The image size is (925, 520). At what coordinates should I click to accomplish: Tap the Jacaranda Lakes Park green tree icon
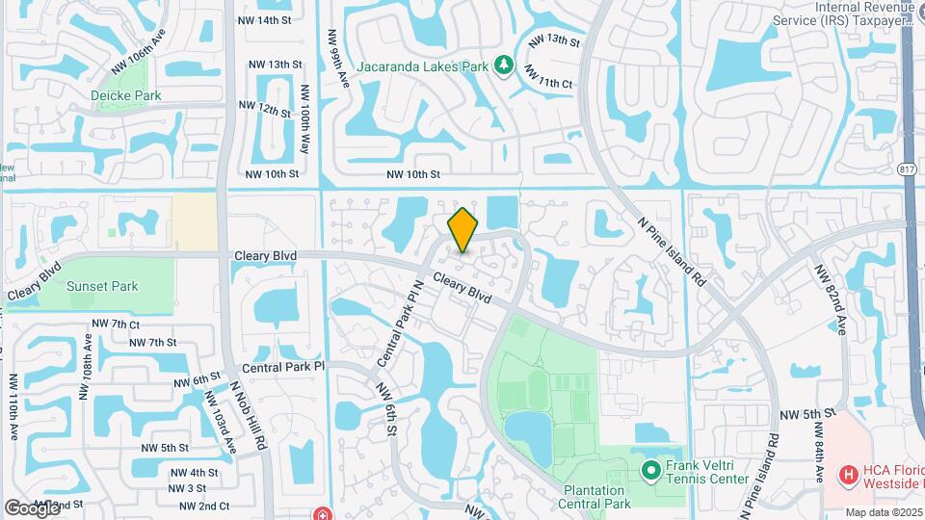pyautogui.click(x=503, y=65)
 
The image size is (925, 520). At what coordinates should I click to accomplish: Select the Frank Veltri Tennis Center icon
pyautogui.click(x=650, y=471)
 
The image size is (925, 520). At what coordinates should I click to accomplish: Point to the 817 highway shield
pyautogui.click(x=907, y=169)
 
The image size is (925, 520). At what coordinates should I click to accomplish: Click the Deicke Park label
pyautogui.click(x=125, y=95)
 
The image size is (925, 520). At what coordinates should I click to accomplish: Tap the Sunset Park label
pyautogui.click(x=102, y=286)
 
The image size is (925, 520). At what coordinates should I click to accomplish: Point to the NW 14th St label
pyautogui.click(x=274, y=20)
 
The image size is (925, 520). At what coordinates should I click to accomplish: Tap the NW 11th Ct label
pyautogui.click(x=548, y=77)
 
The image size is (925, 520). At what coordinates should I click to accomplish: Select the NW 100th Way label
pyautogui.click(x=305, y=118)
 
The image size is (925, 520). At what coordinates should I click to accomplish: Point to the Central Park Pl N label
pyautogui.click(x=404, y=323)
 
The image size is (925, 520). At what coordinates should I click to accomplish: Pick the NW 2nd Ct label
pyautogui.click(x=206, y=506)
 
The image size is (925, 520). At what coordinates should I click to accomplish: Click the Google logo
pyautogui.click(x=32, y=507)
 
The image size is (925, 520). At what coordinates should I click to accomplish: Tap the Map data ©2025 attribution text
pyautogui.click(x=884, y=512)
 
